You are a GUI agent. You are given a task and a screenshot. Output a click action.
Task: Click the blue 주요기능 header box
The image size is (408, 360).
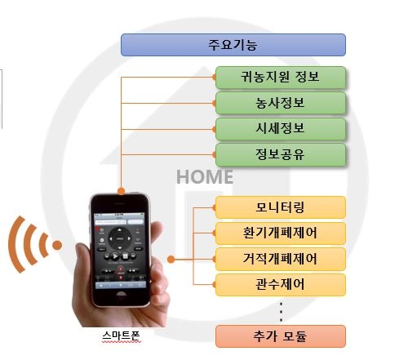[233, 45]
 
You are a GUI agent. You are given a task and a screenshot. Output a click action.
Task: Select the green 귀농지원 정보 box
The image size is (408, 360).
[281, 78]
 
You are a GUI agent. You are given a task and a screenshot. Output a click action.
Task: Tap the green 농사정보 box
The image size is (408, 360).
[281, 103]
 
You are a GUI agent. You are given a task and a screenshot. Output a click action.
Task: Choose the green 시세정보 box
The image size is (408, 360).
[281, 129]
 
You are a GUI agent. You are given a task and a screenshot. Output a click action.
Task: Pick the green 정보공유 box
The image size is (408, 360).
[281, 154]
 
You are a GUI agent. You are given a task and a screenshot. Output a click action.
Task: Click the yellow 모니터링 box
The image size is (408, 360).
[281, 207]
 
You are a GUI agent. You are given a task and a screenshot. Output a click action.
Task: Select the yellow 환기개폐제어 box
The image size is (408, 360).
[281, 233]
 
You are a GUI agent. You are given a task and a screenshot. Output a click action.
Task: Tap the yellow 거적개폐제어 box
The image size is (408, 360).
[281, 259]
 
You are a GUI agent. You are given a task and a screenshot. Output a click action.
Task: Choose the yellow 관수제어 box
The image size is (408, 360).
[281, 285]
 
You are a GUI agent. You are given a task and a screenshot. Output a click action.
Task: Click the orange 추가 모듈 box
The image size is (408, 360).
[281, 336]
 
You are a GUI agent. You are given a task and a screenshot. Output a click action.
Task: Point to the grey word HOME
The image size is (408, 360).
[205, 177]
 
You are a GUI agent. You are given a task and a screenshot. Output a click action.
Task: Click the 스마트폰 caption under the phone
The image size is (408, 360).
[121, 336]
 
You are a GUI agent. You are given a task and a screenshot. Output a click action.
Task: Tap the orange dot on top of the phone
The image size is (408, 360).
[122, 191]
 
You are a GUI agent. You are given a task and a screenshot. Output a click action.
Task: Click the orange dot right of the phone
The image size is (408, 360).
[171, 260]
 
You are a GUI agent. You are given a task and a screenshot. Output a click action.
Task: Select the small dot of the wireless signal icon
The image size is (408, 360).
[57, 245]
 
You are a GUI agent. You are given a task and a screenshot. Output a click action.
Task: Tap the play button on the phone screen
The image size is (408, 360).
[115, 256]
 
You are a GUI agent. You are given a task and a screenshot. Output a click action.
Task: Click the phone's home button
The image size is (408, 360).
[122, 295]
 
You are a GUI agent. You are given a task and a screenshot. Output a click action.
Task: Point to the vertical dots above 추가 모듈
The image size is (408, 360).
[281, 312]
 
